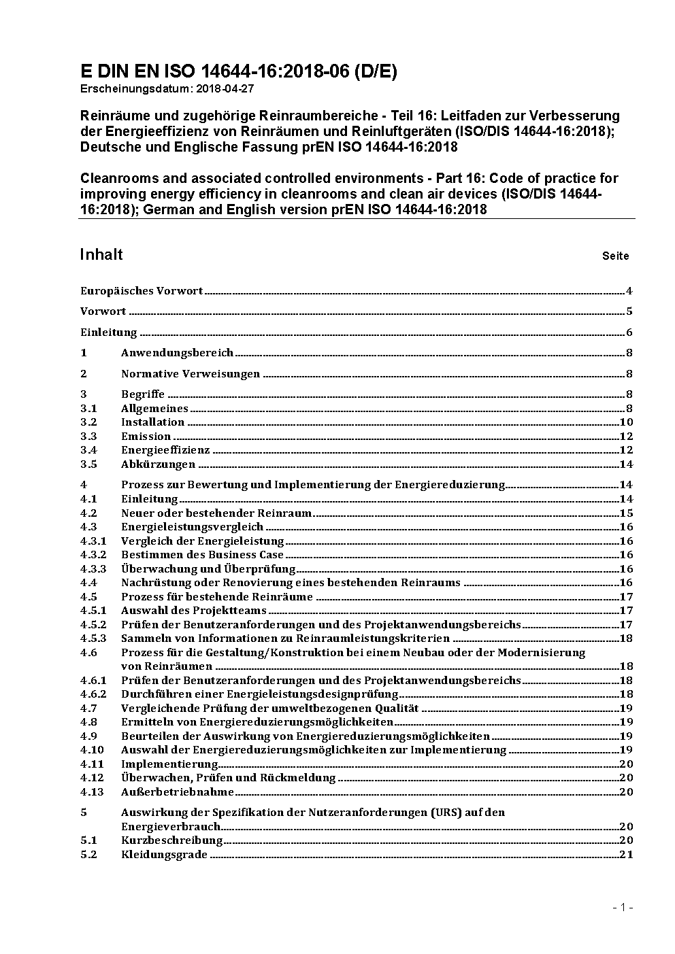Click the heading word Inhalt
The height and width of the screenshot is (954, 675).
point(101,254)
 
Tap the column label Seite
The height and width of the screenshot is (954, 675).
point(615,256)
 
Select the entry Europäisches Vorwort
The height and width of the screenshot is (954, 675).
point(142,291)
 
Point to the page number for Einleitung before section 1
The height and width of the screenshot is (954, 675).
point(629,333)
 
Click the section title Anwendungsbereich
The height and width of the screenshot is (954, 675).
point(177,352)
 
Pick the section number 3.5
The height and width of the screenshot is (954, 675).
point(88,464)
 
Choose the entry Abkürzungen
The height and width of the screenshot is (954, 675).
point(158,464)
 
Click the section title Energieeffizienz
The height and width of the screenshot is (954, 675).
point(165,450)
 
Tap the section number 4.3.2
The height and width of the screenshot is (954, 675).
point(93,555)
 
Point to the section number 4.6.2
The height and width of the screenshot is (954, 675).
point(93,694)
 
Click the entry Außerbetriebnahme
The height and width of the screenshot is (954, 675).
point(177,791)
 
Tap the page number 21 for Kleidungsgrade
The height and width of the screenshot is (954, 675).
point(626,855)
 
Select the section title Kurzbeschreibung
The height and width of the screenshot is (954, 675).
point(171,840)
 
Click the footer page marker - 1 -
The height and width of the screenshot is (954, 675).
point(623,907)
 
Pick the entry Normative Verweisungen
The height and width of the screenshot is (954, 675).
point(191,373)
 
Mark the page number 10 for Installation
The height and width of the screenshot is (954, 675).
point(626,422)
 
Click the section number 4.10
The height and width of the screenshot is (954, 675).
point(92,750)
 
